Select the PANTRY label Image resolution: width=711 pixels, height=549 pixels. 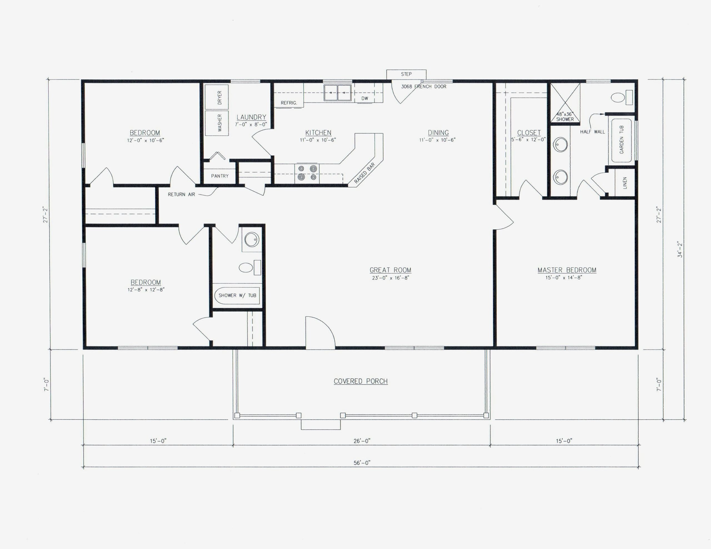tap(220, 176)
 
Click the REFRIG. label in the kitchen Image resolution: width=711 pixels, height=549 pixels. tap(289, 103)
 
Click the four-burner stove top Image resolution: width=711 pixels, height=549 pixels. tap(307, 173)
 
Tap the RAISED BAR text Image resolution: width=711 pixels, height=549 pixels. tap(365, 173)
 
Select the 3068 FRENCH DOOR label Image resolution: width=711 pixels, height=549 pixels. tap(424, 87)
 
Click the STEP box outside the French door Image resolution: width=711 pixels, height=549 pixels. tap(406, 74)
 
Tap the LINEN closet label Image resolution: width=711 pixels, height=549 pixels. tap(625, 183)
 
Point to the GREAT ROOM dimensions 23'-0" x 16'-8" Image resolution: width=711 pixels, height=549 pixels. tap(390, 278)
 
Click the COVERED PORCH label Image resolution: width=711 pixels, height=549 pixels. tap(360, 381)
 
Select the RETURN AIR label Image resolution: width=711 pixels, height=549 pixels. tap(181, 195)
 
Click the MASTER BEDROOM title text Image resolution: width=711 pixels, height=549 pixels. tap(567, 270)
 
